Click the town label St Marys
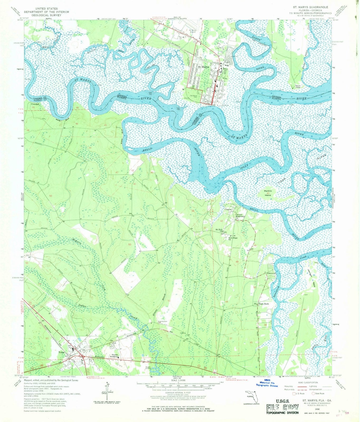pyautogui.click(x=203, y=67)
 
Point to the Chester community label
pyautogui.click(x=228, y=209)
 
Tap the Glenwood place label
pyautogui.click(x=271, y=273)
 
